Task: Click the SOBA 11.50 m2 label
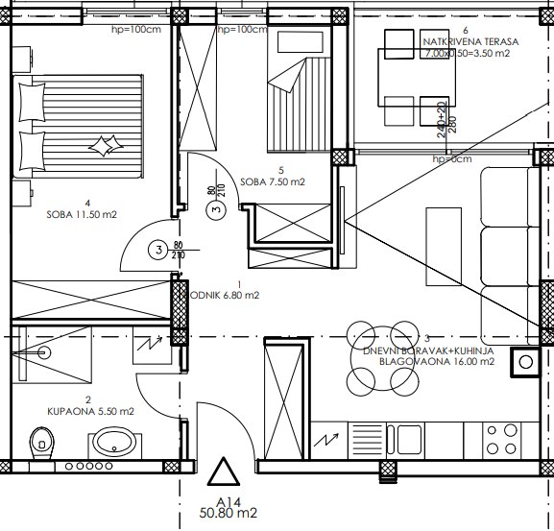click(82, 215)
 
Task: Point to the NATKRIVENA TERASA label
click(470, 42)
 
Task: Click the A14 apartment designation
click(228, 502)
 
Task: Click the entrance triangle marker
click(224, 473)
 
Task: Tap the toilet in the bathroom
click(40, 442)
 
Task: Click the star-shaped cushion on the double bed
click(101, 145)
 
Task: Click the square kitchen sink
click(525, 361)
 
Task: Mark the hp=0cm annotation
click(452, 159)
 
